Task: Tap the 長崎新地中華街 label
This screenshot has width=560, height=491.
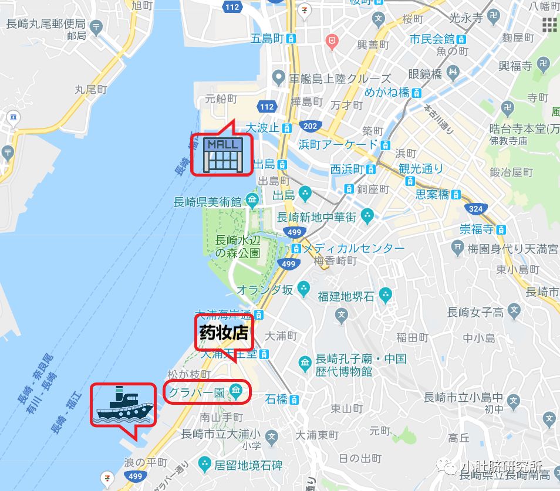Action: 317,217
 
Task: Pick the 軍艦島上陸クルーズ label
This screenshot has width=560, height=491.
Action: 340,79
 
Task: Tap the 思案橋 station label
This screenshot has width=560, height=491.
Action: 433,194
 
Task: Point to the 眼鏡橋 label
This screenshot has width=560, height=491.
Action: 424,75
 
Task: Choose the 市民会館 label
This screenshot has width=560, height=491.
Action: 433,39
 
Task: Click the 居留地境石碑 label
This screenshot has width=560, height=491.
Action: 248,465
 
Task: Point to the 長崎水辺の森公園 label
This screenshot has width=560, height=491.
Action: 237,246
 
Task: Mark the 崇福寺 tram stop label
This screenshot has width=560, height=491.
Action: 477,229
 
